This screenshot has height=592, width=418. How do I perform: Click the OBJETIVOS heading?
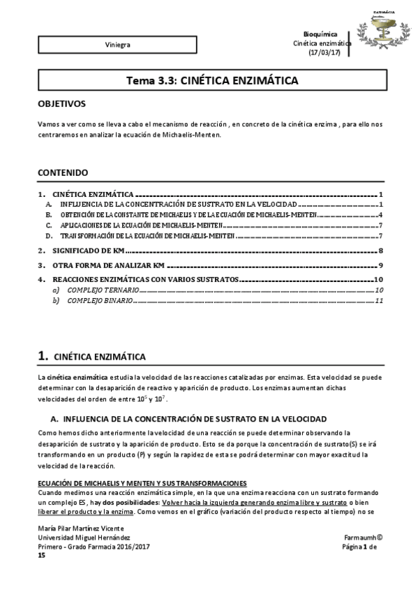click(x=61, y=103)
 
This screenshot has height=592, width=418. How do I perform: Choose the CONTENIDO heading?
click(x=62, y=171)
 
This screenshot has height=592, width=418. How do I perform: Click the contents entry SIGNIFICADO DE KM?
click(x=89, y=251)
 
